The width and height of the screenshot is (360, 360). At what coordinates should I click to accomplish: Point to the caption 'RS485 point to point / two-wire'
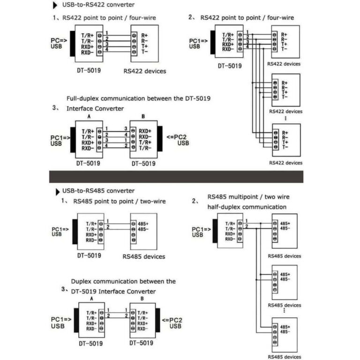pos(119,202)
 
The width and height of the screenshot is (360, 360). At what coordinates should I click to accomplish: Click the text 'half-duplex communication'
pos(247,207)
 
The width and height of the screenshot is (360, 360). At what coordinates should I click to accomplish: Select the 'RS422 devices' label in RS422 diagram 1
pos(145,71)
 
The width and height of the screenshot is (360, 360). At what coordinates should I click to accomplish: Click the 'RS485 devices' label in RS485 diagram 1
pos(143,256)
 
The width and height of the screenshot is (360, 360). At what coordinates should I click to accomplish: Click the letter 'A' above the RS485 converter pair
pos(91,298)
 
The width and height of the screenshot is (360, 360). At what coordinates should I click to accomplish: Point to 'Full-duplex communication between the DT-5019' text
pos(138,98)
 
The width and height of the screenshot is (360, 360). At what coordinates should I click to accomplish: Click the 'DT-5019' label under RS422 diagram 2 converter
pos(230,66)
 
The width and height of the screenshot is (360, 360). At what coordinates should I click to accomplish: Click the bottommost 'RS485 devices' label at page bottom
pos(284,357)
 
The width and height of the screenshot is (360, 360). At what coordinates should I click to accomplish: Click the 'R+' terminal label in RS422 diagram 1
pos(144,35)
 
